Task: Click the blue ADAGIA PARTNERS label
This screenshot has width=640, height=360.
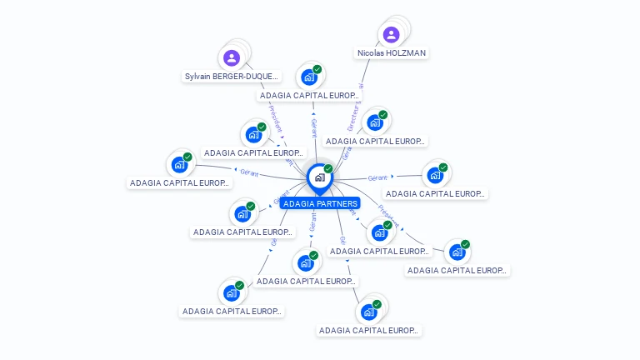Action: coord(320,203)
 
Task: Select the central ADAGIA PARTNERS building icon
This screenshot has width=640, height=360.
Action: coord(318,177)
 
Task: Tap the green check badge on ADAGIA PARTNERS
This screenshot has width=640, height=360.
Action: coord(328,168)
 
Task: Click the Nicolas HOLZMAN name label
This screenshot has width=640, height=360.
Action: coord(391,53)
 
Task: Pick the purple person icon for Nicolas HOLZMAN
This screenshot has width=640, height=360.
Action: coord(391,34)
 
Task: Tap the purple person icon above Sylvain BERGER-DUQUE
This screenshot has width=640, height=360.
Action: coord(232,57)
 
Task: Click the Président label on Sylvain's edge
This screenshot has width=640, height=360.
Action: coord(277,119)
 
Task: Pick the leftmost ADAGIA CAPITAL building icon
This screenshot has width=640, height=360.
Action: coord(178,164)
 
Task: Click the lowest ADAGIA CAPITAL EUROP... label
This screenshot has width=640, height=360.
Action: coord(368,331)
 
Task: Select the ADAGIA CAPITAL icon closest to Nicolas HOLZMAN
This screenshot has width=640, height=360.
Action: coord(374,122)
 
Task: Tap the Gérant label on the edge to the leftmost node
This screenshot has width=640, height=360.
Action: coord(249,173)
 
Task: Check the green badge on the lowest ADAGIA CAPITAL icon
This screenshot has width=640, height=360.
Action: coord(377,304)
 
